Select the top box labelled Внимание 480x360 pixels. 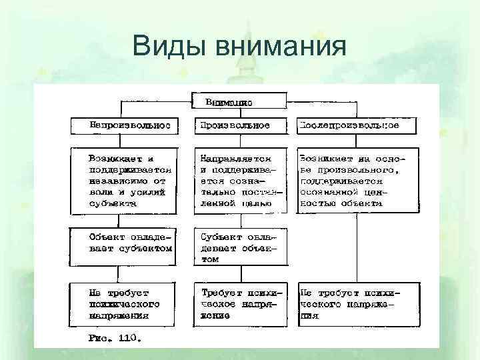(239, 101)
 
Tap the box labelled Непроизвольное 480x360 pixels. (125, 125)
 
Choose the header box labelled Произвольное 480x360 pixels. (239, 125)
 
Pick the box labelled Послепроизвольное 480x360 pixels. (358, 125)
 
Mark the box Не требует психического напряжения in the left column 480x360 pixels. (125, 304)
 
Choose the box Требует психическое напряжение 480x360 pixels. (239, 304)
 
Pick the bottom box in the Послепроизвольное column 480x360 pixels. (358, 304)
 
